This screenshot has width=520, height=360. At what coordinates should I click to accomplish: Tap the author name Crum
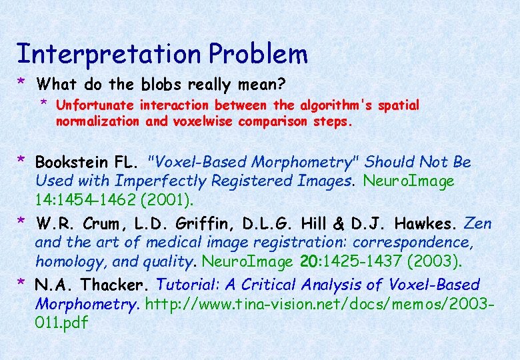[x=103, y=223]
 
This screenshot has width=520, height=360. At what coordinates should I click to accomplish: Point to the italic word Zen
[x=477, y=223]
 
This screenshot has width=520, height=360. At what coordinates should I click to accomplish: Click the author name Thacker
[x=115, y=285]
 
